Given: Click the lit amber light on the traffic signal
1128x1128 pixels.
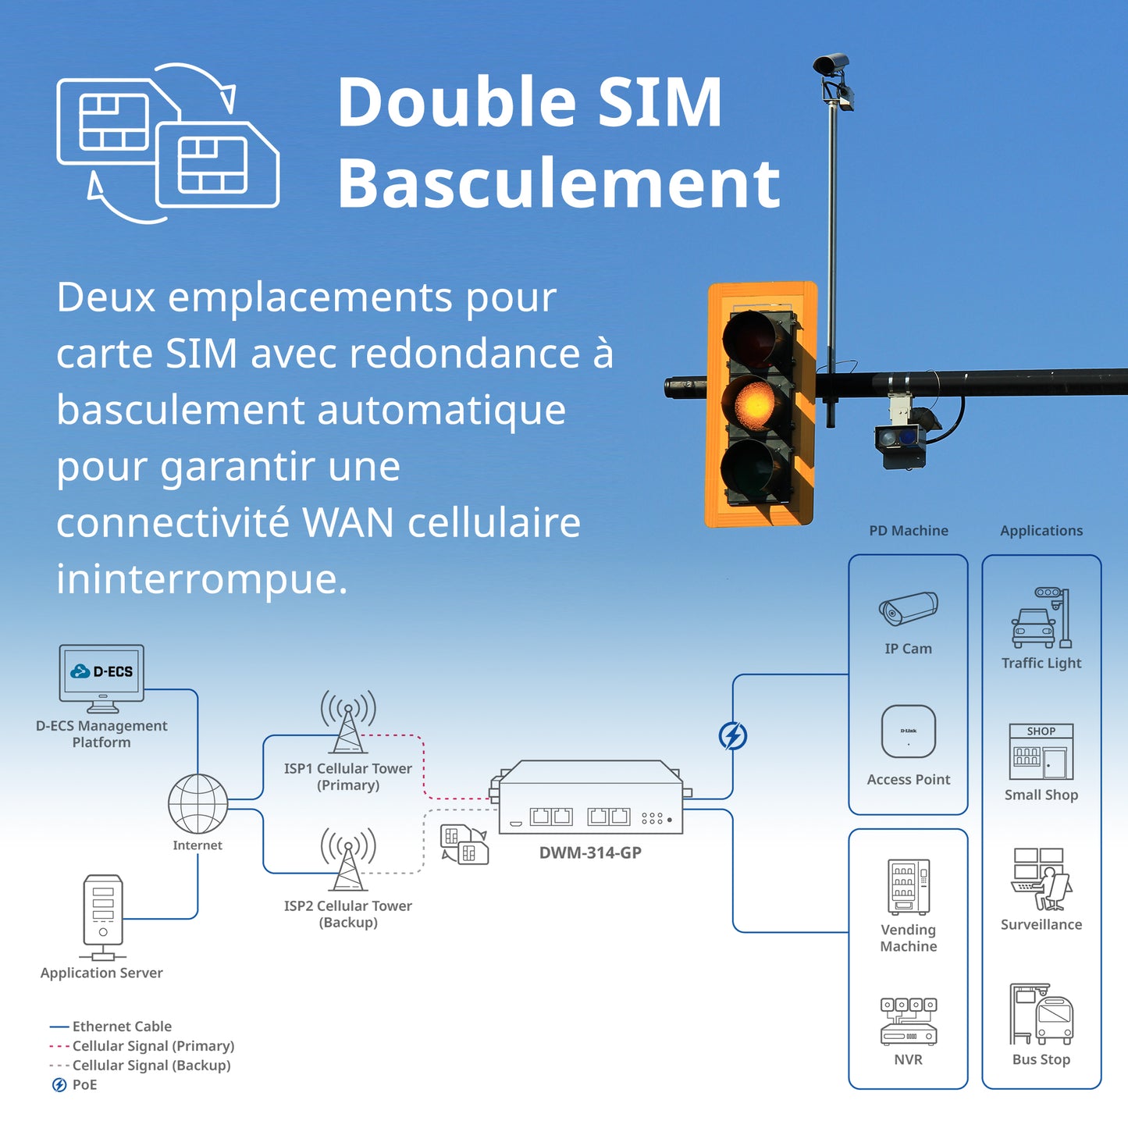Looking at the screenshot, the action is pyautogui.click(x=755, y=404).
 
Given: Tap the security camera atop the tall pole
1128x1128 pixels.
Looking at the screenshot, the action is pyautogui.click(x=831, y=63).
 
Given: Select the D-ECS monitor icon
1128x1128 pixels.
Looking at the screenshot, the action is pyautogui.click(x=101, y=678).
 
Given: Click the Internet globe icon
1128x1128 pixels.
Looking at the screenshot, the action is pyautogui.click(x=197, y=804).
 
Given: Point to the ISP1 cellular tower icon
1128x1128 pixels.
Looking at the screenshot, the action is pyautogui.click(x=348, y=722).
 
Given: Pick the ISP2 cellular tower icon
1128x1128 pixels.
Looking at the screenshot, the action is pyautogui.click(x=348, y=859).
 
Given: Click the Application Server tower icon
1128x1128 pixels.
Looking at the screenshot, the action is pyautogui.click(x=103, y=917).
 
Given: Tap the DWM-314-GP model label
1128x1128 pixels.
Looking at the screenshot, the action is pyautogui.click(x=590, y=852).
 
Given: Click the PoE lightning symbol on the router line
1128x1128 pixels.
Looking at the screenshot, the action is pyautogui.click(x=733, y=736).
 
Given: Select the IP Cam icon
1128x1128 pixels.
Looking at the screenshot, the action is pyautogui.click(x=908, y=607).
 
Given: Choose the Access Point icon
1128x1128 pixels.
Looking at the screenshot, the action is pyautogui.click(x=909, y=731).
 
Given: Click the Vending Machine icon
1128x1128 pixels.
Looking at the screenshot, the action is pyautogui.click(x=909, y=887).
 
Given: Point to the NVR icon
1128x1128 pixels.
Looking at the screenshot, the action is pyautogui.click(x=909, y=1022).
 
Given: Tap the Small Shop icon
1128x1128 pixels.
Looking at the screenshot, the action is pyautogui.click(x=1041, y=752).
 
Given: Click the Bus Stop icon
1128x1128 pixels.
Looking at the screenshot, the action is pyautogui.click(x=1041, y=1015).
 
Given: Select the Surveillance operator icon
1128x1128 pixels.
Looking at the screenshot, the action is pyautogui.click(x=1041, y=879).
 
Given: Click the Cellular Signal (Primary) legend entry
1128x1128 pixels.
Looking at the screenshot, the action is pyautogui.click(x=141, y=1046).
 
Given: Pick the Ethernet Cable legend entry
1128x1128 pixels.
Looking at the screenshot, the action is pyautogui.click(x=111, y=1027).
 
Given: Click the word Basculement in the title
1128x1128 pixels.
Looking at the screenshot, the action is pyautogui.click(x=559, y=183).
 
